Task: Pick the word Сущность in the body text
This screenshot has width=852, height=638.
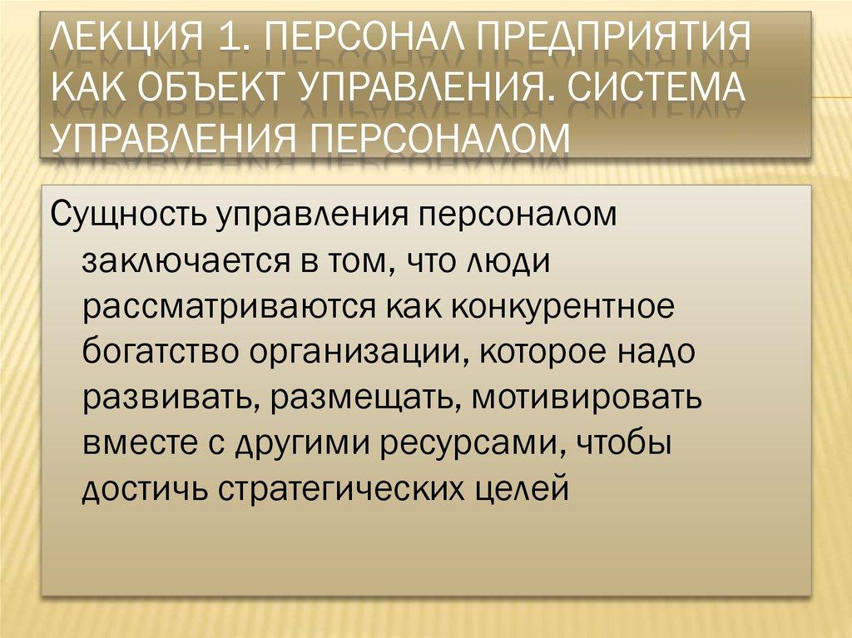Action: click(127, 215)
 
